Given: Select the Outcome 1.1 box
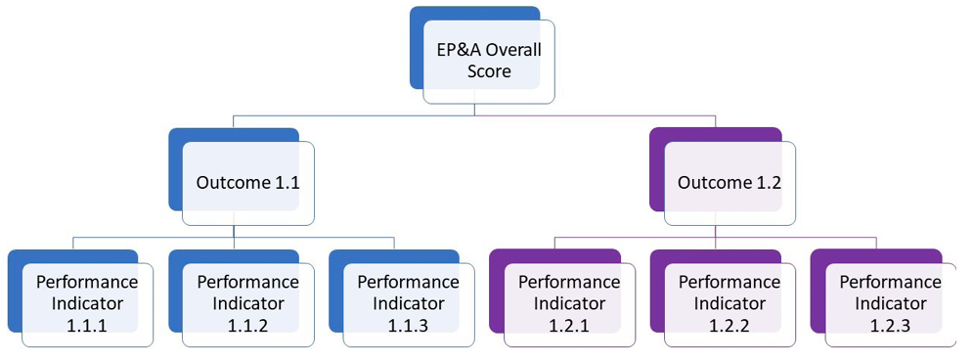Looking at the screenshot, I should click(247, 183).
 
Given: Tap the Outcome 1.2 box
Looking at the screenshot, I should click(729, 183).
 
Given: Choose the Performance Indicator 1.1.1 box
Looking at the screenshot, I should click(86, 303).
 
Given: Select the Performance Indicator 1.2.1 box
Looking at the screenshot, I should click(568, 303).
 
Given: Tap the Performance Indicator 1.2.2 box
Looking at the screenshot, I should click(729, 303).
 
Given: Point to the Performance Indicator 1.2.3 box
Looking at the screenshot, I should click(889, 303).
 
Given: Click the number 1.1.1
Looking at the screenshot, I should click(86, 326).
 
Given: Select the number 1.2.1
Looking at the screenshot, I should click(568, 326).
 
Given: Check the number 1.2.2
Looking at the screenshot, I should click(729, 326).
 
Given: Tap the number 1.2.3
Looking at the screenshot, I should click(889, 326).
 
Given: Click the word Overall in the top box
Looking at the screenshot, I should click(513, 50).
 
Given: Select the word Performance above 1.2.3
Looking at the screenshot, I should click(889, 282).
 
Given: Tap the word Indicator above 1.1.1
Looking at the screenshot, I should click(86, 303).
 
